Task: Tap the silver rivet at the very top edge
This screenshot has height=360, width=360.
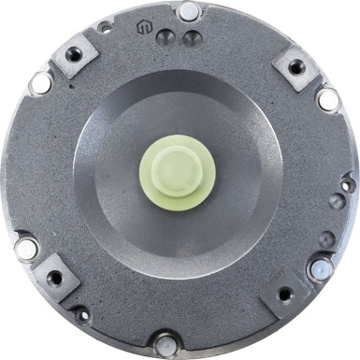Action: pyautogui.click(x=189, y=12)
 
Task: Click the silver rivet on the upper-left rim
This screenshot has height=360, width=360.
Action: pyautogui.click(x=40, y=83)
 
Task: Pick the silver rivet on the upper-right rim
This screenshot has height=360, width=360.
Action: pyautogui.click(x=328, y=97)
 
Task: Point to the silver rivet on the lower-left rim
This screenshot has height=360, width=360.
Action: pyautogui.click(x=26, y=249)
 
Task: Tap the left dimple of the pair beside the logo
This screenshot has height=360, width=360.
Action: pyautogui.click(x=166, y=37)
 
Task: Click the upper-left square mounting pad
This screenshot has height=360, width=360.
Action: pyautogui.click(x=74, y=57)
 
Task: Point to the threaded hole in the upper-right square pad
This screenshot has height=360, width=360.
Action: pyautogui.click(x=295, y=67)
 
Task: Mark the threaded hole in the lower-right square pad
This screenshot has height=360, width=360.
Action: pyautogui.click(x=288, y=296)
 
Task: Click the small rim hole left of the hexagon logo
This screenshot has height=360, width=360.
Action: pyautogui.click(x=105, y=28)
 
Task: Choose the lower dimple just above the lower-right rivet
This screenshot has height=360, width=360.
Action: pyautogui.click(x=324, y=240)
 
